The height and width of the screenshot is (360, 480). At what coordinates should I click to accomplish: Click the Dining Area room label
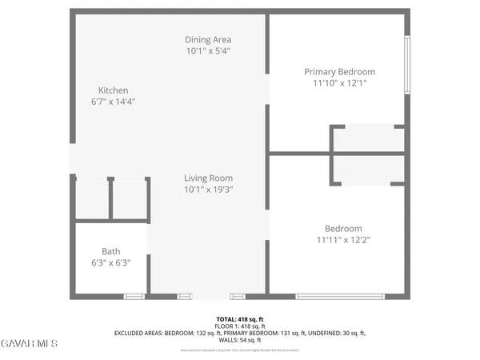[209, 39]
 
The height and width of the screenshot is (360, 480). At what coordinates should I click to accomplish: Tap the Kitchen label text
[113, 90]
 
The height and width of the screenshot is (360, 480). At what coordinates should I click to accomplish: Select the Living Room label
[208, 178]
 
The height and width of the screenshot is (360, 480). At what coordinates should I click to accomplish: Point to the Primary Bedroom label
[339, 72]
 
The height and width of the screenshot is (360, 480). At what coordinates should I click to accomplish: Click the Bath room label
[110, 251]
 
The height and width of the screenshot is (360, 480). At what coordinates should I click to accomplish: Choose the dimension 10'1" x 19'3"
[208, 190]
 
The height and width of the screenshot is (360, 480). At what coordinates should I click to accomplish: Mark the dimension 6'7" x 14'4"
[113, 102]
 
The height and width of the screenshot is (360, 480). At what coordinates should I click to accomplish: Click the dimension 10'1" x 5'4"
[209, 50]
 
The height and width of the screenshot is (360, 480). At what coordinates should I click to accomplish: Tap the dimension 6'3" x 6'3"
[110, 262]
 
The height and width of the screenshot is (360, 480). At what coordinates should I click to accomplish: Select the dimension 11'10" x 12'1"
[339, 83]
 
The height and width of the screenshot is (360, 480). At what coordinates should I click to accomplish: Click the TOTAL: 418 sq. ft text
[240, 319]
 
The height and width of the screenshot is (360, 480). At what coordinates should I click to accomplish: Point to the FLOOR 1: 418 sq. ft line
[240, 326]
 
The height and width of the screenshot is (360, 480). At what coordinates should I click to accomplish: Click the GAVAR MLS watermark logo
[29, 344]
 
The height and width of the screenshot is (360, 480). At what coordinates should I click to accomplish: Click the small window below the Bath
[134, 297]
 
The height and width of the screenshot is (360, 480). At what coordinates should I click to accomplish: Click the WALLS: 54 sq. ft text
[240, 340]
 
